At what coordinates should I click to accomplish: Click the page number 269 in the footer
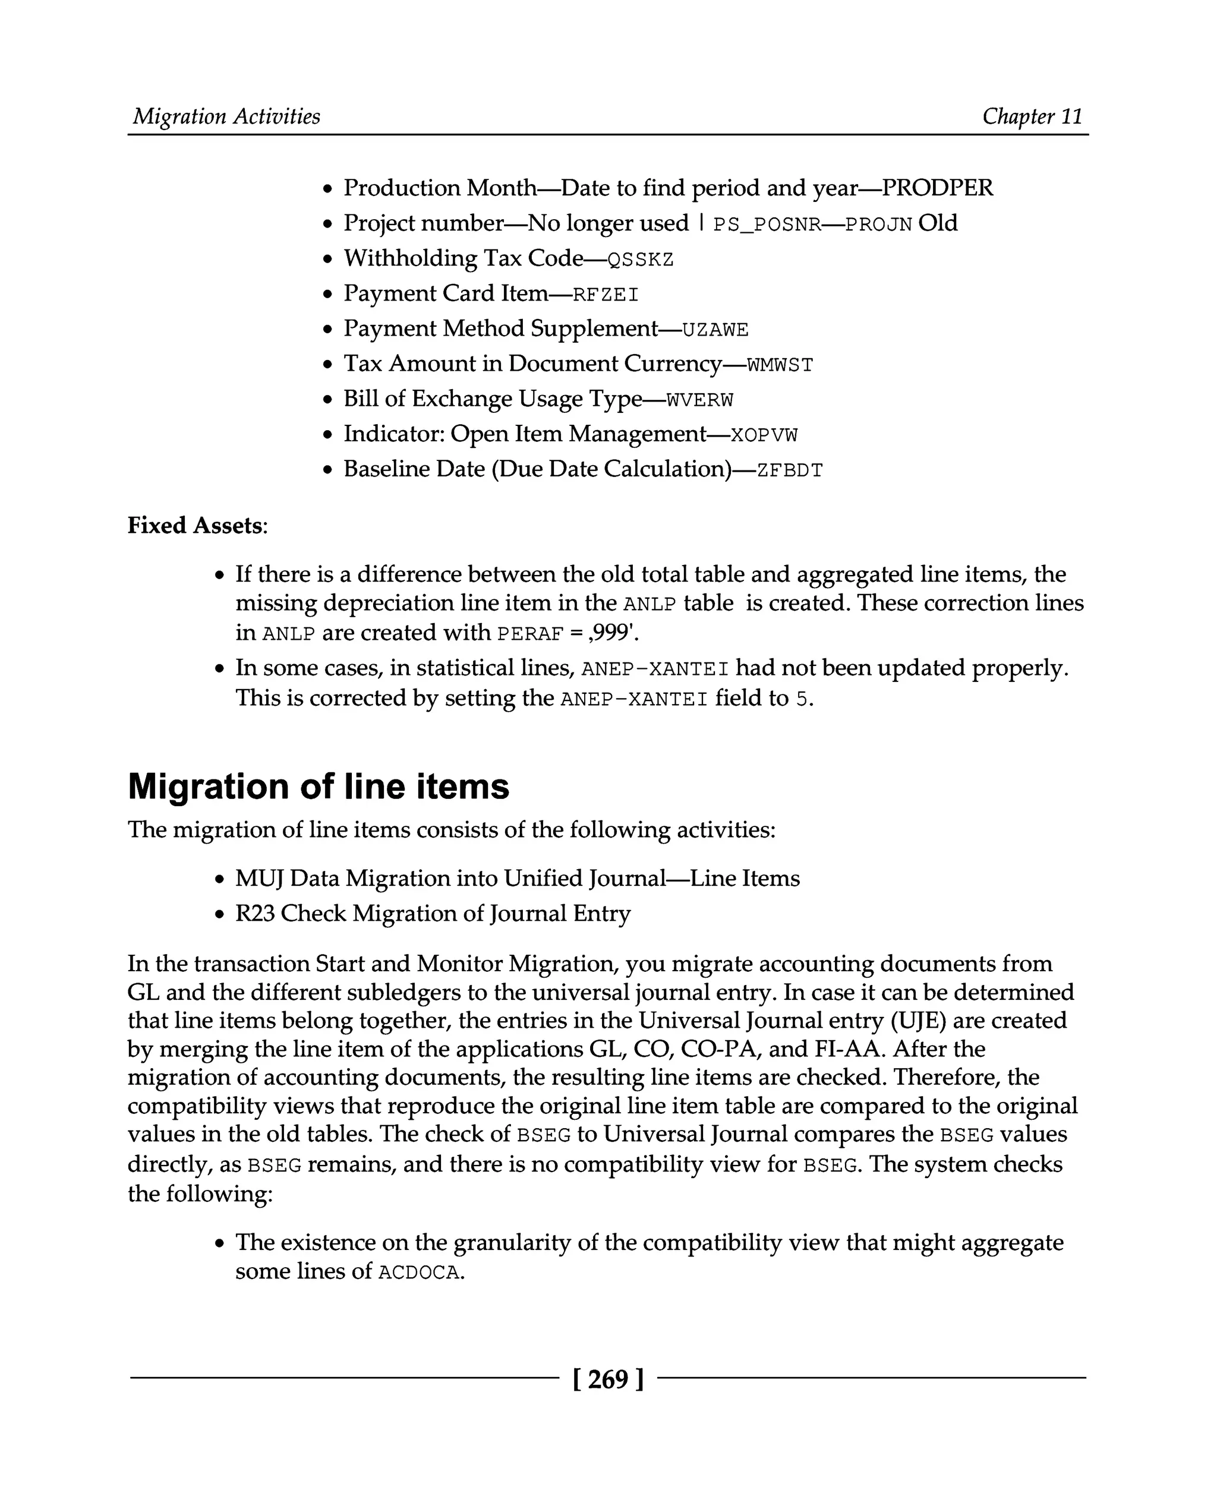[608, 1379]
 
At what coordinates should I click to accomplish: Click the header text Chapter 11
[1032, 116]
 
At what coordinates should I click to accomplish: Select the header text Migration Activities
[226, 116]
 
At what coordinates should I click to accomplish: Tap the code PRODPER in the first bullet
[937, 188]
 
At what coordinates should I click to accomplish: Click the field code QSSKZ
[640, 260]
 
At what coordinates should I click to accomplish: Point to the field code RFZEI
[606, 295]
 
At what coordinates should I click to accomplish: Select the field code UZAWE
[715, 330]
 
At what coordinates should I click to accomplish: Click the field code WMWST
[780, 365]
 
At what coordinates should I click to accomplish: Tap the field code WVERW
[699, 400]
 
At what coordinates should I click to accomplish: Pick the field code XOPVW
[764, 435]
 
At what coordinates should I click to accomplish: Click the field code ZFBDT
[790, 470]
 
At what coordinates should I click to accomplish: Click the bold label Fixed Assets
[196, 525]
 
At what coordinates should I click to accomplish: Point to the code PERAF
[531, 634]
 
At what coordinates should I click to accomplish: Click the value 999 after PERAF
[611, 633]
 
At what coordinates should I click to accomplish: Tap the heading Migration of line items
[319, 787]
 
